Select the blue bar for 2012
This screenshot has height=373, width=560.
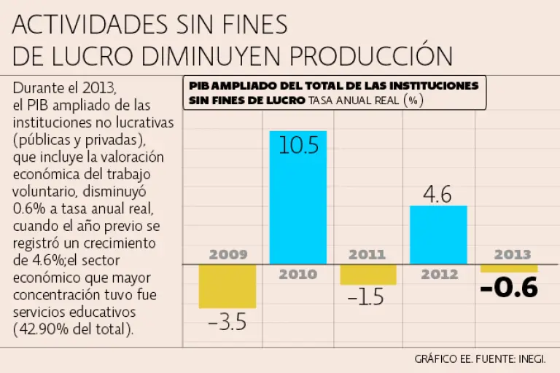tap(438, 235)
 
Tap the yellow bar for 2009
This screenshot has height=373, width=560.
tap(227, 286)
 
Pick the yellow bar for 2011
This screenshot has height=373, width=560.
tap(368, 274)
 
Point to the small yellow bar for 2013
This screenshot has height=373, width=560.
tap(509, 268)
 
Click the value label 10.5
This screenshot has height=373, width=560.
tap(298, 146)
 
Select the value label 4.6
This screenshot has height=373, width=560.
tap(437, 195)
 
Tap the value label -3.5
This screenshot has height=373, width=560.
tap(227, 321)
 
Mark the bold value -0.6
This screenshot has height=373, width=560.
tap(509, 288)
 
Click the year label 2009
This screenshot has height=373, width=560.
tap(228, 255)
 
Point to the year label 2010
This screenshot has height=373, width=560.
tap(297, 275)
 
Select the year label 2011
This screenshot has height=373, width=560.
tap(367, 255)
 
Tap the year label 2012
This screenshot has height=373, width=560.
tap(439, 275)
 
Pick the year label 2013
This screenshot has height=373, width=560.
tap(513, 255)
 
